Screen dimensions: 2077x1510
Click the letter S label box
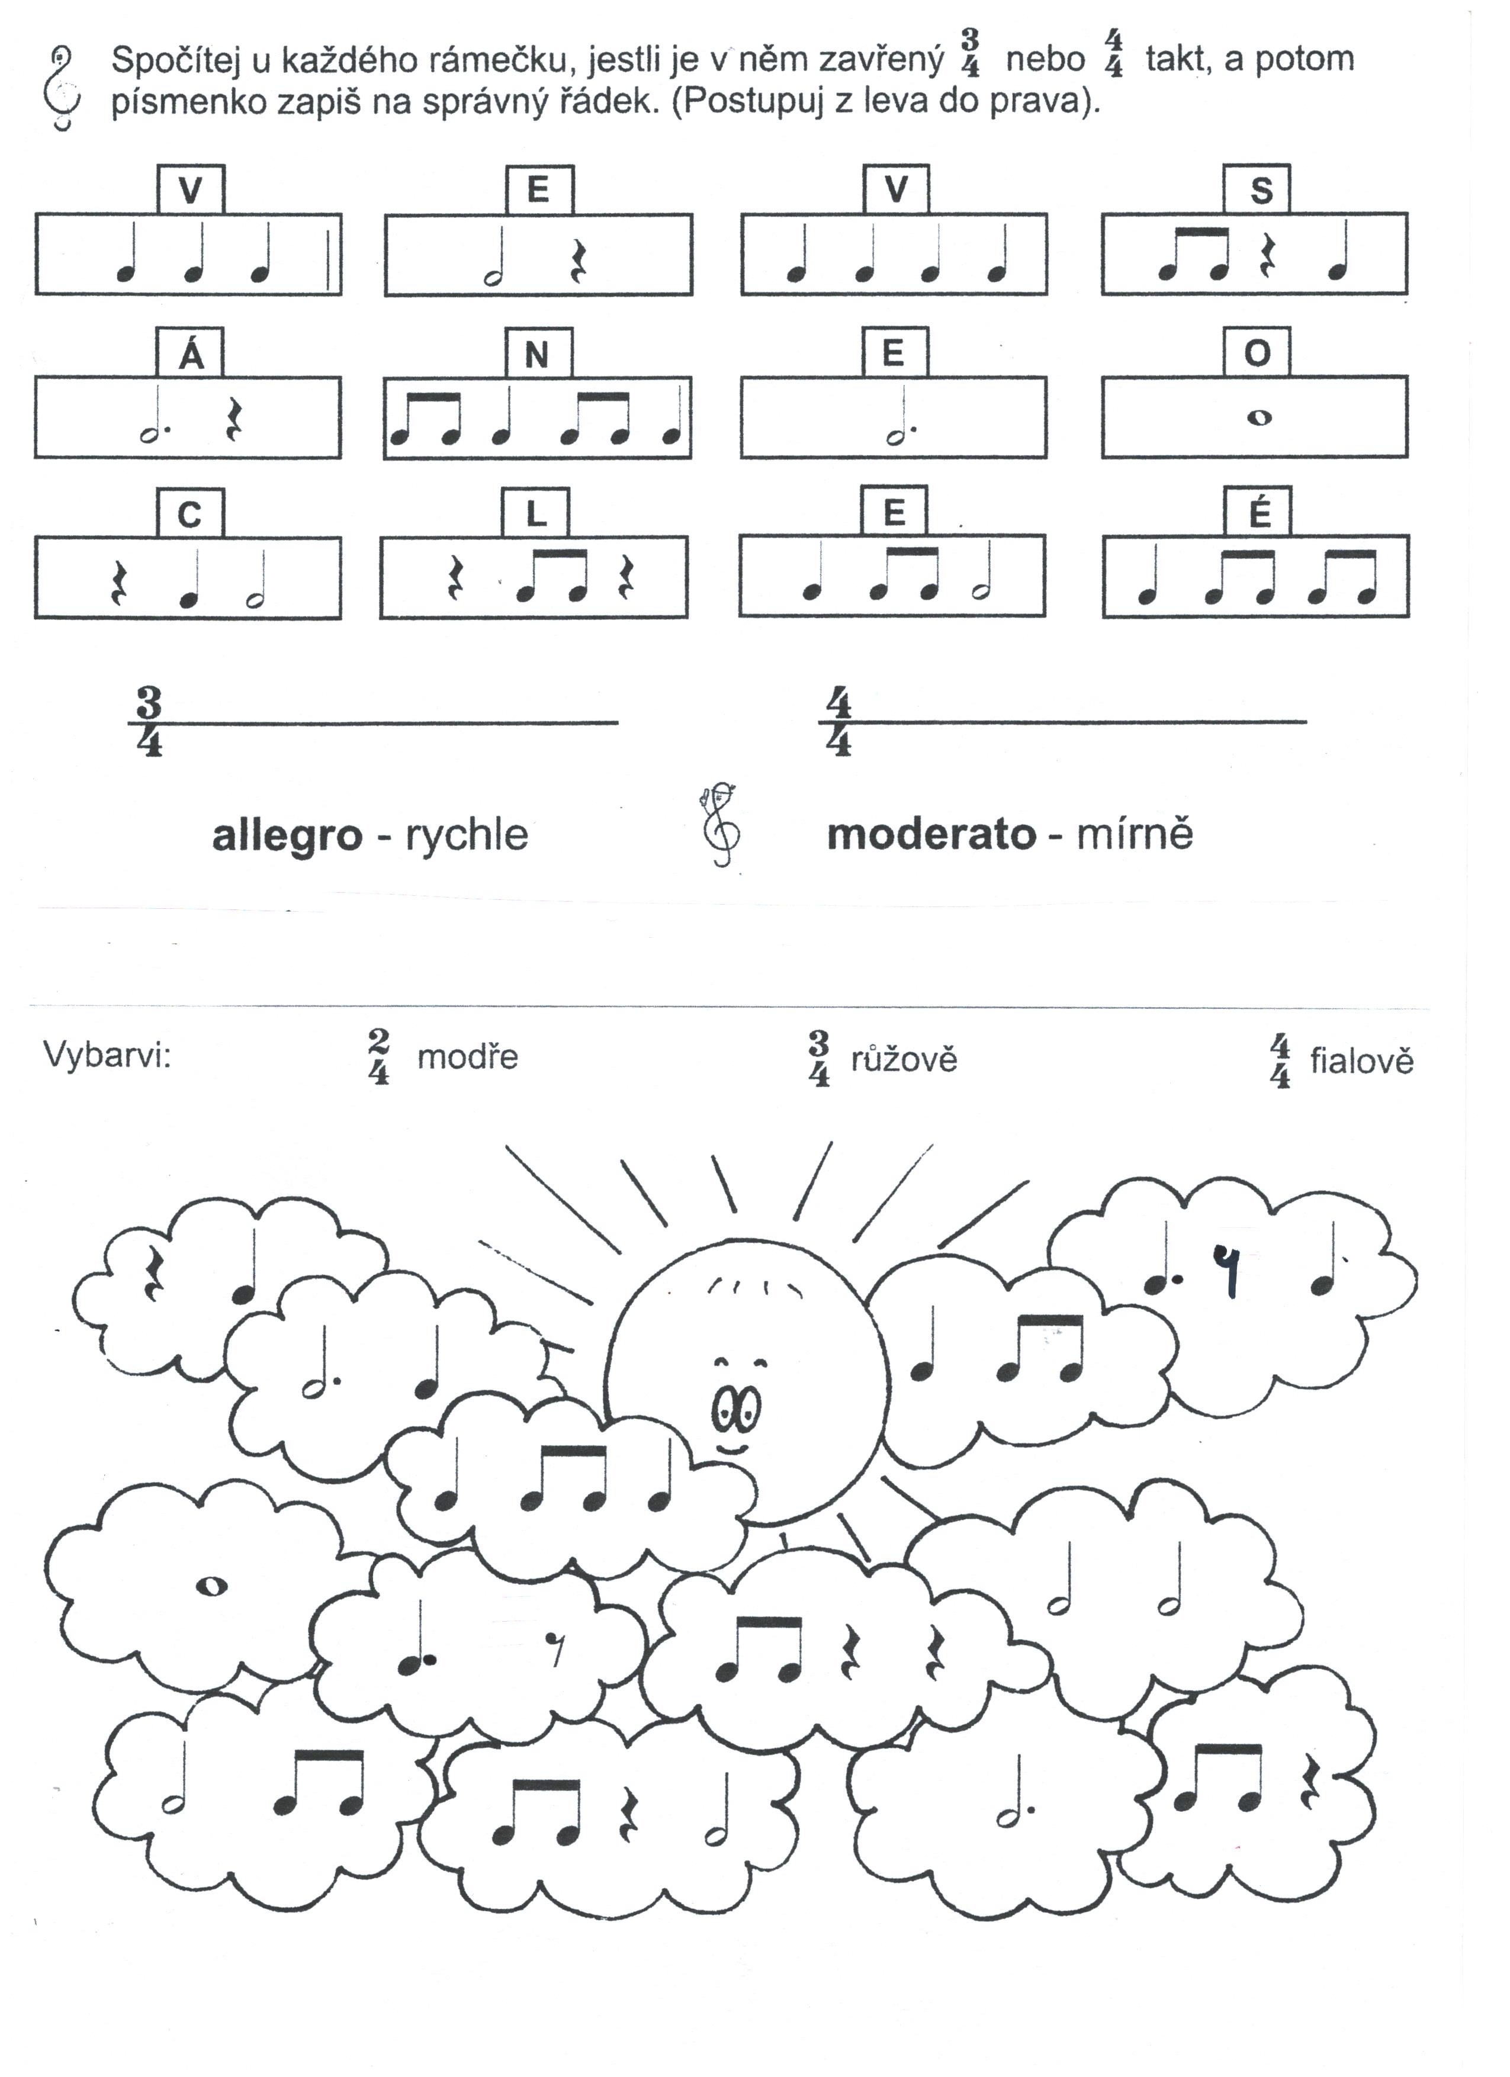pos(1257,189)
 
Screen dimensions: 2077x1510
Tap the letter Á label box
pos(191,352)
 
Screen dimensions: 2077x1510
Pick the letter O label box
pos(1257,352)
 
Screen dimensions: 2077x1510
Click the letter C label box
pos(189,514)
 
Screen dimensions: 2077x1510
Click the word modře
pos(467,1057)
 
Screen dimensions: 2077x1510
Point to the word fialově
pos(1361,1062)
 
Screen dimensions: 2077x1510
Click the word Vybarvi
pos(107,1056)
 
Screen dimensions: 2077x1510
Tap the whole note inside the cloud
pos(213,1587)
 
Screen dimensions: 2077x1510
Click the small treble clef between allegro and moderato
pos(722,824)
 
